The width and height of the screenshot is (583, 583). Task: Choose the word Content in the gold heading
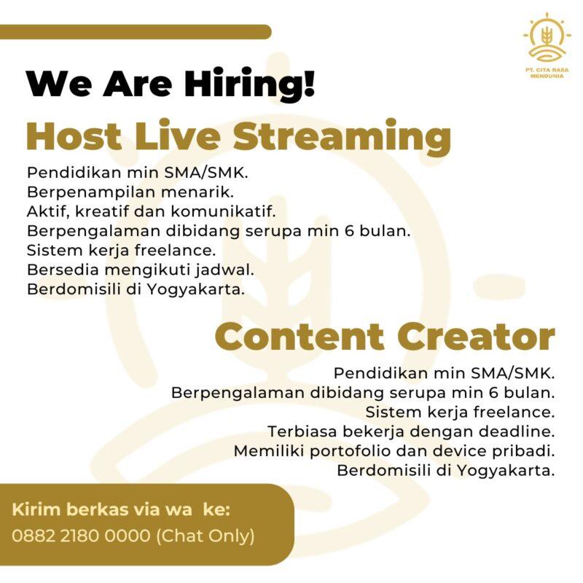[x=300, y=337]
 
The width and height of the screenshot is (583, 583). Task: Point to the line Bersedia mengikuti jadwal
[x=140, y=270]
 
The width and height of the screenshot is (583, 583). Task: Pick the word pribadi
[x=525, y=451]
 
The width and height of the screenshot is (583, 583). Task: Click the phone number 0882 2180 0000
[x=82, y=536]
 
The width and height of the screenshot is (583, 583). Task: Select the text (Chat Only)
[x=206, y=536]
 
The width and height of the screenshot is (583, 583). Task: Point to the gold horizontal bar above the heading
[x=136, y=32]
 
